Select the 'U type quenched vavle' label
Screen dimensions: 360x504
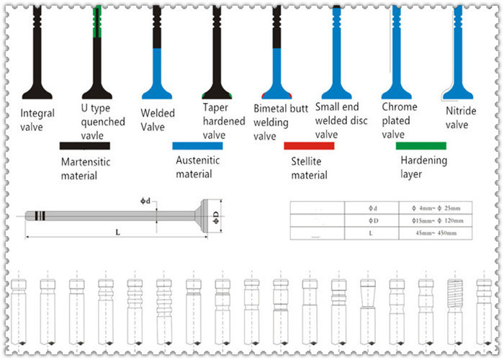click(x=98, y=120)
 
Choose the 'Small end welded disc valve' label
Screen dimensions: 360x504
click(x=342, y=120)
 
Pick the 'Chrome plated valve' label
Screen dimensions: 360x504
click(x=399, y=120)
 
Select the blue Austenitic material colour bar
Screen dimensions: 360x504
click(x=197, y=145)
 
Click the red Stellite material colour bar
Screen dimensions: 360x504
click(x=309, y=145)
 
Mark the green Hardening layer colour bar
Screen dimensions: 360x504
click(x=421, y=145)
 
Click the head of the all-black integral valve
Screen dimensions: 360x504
click(x=37, y=92)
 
